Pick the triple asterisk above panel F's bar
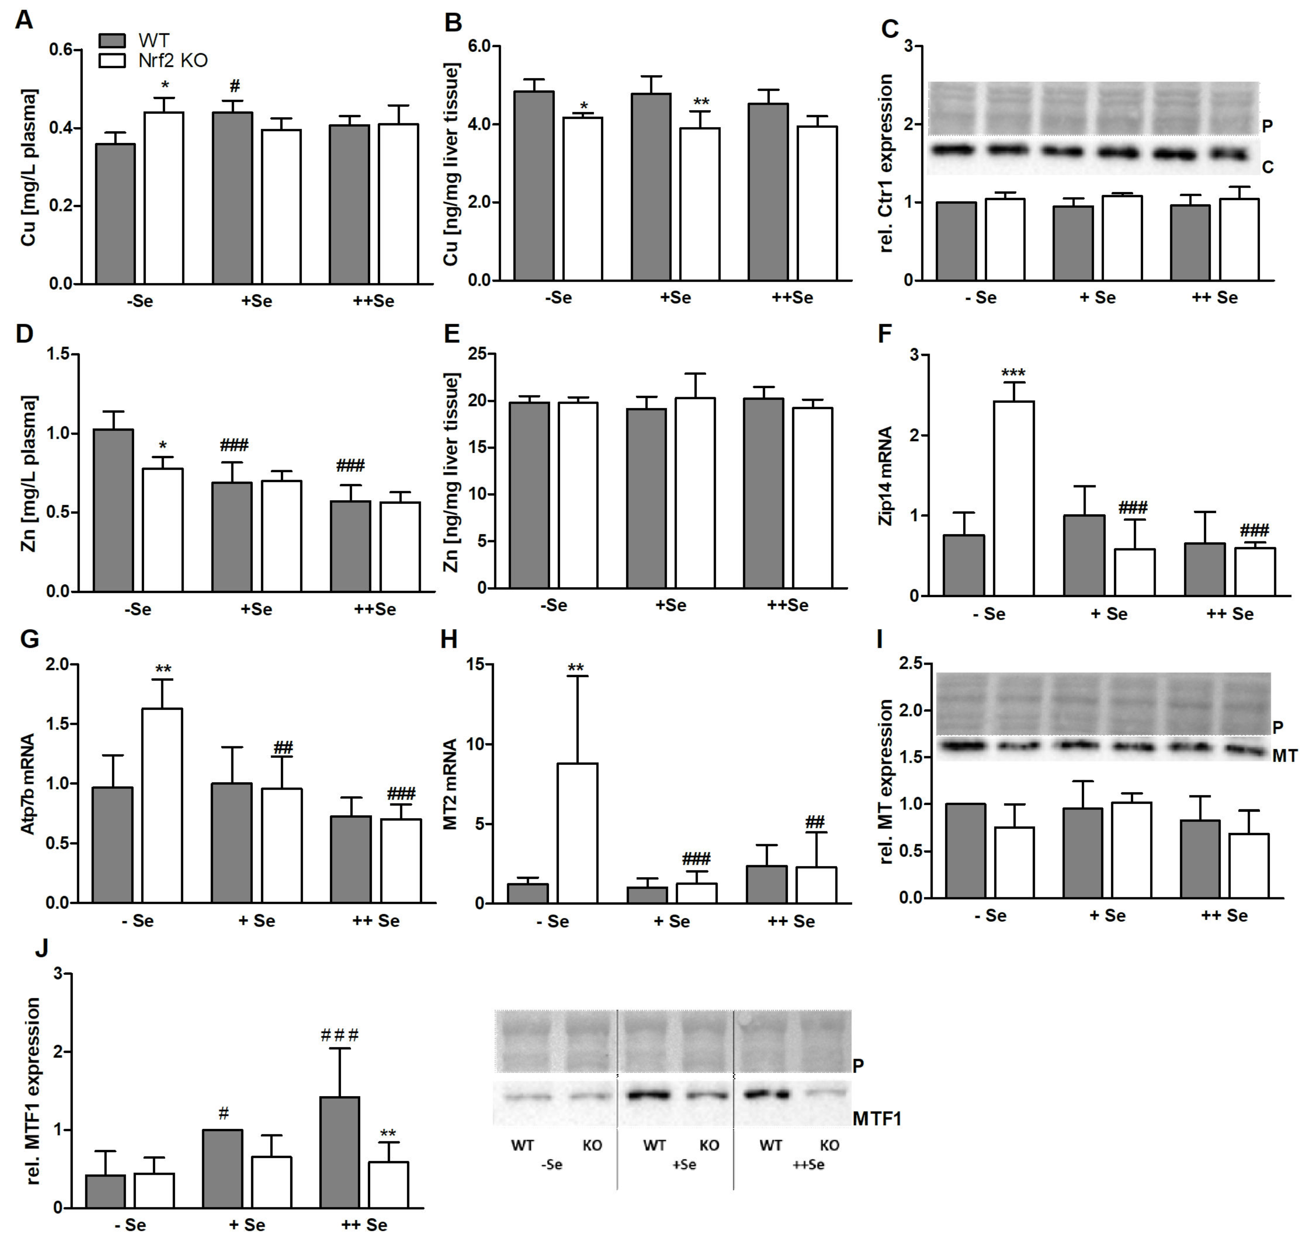point(1013,373)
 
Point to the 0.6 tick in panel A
point(61,50)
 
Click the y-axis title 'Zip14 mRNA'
point(885,475)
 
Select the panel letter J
point(41,948)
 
